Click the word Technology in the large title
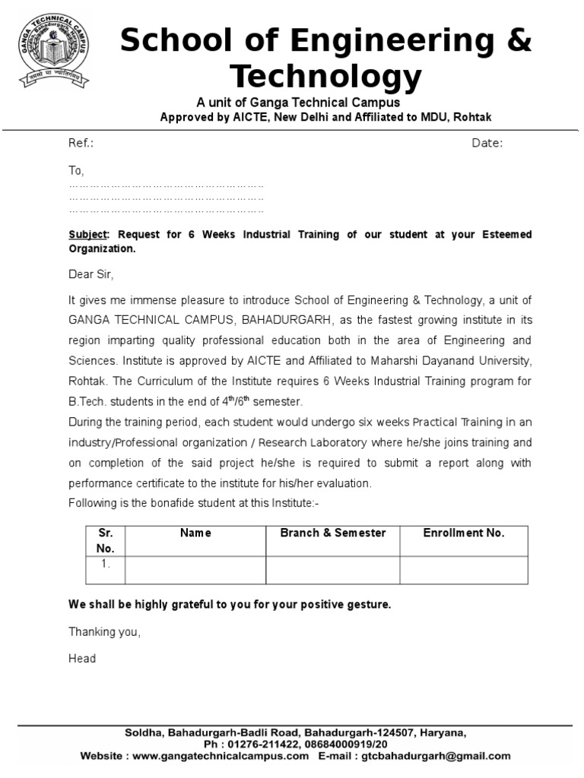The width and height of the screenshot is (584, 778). click(325, 77)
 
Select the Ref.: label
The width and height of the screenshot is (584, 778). click(81, 144)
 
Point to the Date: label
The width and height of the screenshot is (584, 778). click(487, 144)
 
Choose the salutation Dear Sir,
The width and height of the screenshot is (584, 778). click(90, 274)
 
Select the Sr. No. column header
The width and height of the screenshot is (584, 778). click(105, 540)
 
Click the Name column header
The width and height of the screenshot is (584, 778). click(195, 533)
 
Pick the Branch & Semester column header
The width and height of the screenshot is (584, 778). click(333, 533)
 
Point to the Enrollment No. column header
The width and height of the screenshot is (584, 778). click(464, 533)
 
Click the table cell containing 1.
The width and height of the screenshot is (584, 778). click(105, 570)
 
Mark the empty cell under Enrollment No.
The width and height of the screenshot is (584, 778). click(464, 570)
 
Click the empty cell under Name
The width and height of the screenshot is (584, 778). click(195, 570)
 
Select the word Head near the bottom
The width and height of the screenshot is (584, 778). click(82, 659)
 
